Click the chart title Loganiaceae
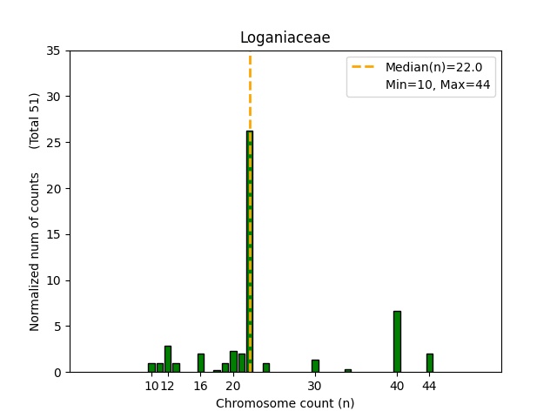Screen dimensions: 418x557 coord(285,37)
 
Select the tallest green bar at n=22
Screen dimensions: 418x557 coord(250,253)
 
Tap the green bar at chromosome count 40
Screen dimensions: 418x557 coord(397,341)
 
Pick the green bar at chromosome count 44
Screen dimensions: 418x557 coord(430,363)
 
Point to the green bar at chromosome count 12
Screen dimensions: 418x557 coord(168,360)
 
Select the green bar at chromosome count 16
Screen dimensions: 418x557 coord(201,363)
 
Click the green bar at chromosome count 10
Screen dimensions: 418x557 coord(151,367)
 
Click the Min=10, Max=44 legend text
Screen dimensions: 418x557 coord(440,84)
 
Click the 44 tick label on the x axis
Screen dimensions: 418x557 coord(430,386)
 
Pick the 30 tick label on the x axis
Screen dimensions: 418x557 coord(315,386)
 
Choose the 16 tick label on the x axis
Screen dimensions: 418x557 coord(201,386)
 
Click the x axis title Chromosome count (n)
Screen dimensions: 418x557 coord(285,403)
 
